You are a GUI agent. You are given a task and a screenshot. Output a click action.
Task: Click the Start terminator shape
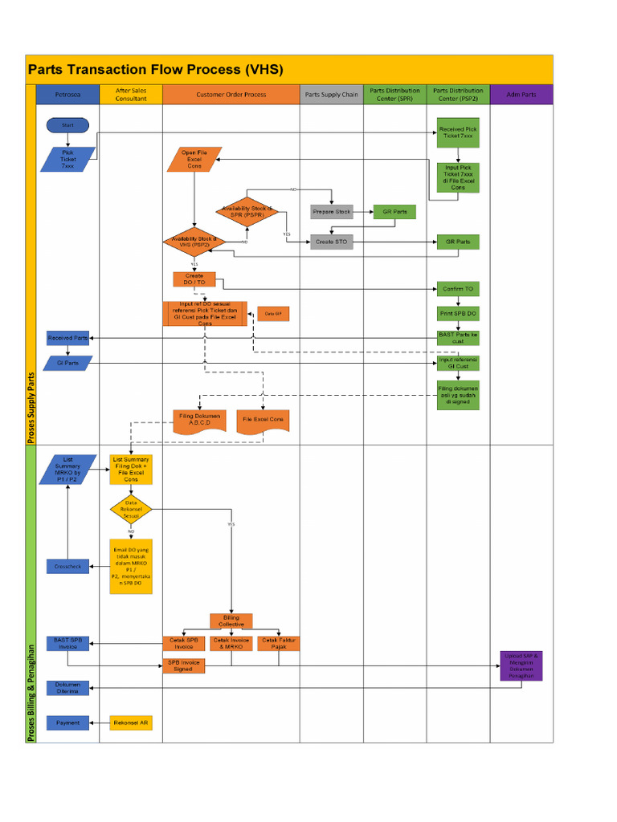(x=67, y=125)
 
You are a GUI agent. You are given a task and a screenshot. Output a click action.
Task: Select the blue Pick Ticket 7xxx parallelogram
(x=67, y=159)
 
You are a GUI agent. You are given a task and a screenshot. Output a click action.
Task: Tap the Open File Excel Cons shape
(x=194, y=159)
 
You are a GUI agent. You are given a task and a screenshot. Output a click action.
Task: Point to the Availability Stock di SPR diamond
(x=247, y=212)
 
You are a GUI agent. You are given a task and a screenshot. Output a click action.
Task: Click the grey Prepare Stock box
(x=332, y=212)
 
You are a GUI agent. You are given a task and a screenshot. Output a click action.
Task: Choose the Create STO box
(x=332, y=241)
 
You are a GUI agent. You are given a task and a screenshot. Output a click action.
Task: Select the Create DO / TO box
(x=194, y=279)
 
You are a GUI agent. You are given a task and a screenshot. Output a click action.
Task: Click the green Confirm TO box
(x=457, y=288)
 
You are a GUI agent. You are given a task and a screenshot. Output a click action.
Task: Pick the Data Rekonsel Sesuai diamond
(x=131, y=508)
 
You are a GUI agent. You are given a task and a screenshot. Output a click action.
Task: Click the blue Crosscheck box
(x=67, y=566)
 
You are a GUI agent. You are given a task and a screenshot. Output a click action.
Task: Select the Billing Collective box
(x=231, y=621)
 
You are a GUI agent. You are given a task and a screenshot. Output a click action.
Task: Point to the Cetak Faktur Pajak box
(x=278, y=643)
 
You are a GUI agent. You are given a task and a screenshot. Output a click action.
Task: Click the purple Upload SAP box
(x=521, y=665)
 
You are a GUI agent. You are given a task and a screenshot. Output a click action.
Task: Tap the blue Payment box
(x=67, y=722)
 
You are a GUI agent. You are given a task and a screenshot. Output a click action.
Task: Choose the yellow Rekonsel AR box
(x=131, y=722)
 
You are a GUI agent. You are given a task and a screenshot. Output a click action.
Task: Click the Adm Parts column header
(x=521, y=95)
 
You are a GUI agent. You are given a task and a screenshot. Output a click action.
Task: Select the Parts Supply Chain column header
(x=331, y=95)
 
